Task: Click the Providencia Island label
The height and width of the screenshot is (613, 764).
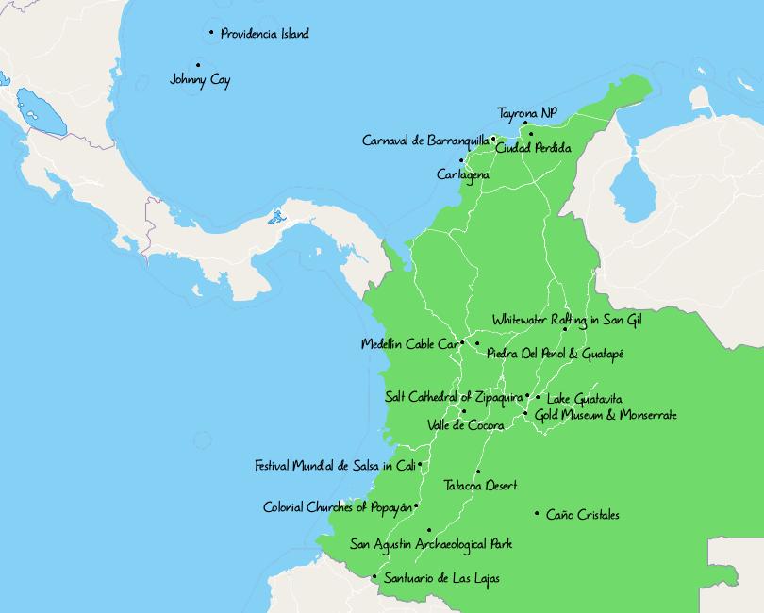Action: (x=264, y=34)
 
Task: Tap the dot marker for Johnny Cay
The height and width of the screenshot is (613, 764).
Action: (x=198, y=66)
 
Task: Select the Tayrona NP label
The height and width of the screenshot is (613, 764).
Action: (x=527, y=113)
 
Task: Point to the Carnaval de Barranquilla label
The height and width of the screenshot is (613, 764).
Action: (x=425, y=141)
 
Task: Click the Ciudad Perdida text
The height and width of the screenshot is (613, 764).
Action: (x=533, y=148)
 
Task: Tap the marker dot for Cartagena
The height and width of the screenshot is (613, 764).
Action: (x=461, y=160)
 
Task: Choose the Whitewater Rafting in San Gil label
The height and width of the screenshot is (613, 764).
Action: (x=567, y=321)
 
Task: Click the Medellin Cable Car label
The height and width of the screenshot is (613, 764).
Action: (x=409, y=344)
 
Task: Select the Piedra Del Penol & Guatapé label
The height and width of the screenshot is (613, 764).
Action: (x=556, y=354)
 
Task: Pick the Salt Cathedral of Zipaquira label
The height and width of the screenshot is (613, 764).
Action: (x=454, y=397)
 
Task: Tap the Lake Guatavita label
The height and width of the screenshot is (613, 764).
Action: (x=584, y=399)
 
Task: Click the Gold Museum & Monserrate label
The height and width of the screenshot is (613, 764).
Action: (x=606, y=415)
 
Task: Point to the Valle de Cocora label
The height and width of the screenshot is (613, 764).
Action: (x=465, y=425)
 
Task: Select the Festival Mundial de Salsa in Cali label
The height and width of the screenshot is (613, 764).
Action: (x=335, y=466)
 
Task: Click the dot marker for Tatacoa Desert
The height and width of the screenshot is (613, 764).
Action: (x=478, y=472)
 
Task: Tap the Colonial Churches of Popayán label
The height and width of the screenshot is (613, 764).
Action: (x=338, y=507)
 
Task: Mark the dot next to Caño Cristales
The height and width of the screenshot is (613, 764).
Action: (x=537, y=514)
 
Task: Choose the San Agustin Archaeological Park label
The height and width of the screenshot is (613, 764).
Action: (x=431, y=544)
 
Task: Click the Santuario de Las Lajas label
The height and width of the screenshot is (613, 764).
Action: (x=441, y=578)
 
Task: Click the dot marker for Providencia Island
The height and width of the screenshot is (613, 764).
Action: (x=211, y=33)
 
